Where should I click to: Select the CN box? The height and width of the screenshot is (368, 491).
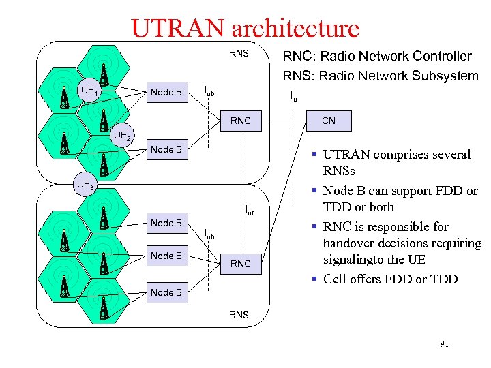point(329,121)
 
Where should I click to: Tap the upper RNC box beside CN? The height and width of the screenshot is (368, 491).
point(240,121)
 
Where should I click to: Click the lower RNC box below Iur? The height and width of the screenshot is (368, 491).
point(240,264)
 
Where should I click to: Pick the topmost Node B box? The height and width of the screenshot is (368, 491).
point(166,92)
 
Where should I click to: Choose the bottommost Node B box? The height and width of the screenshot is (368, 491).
point(166,292)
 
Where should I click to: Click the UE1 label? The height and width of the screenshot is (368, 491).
point(90,91)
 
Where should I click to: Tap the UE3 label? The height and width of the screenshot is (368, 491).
point(85,185)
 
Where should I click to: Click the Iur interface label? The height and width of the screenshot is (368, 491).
point(250,211)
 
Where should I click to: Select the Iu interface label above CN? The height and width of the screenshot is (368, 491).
point(293,97)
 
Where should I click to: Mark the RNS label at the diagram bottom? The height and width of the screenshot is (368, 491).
point(239,315)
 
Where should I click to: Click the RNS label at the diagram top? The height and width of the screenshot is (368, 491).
point(239,52)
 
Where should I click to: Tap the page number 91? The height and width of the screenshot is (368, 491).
point(444,345)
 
